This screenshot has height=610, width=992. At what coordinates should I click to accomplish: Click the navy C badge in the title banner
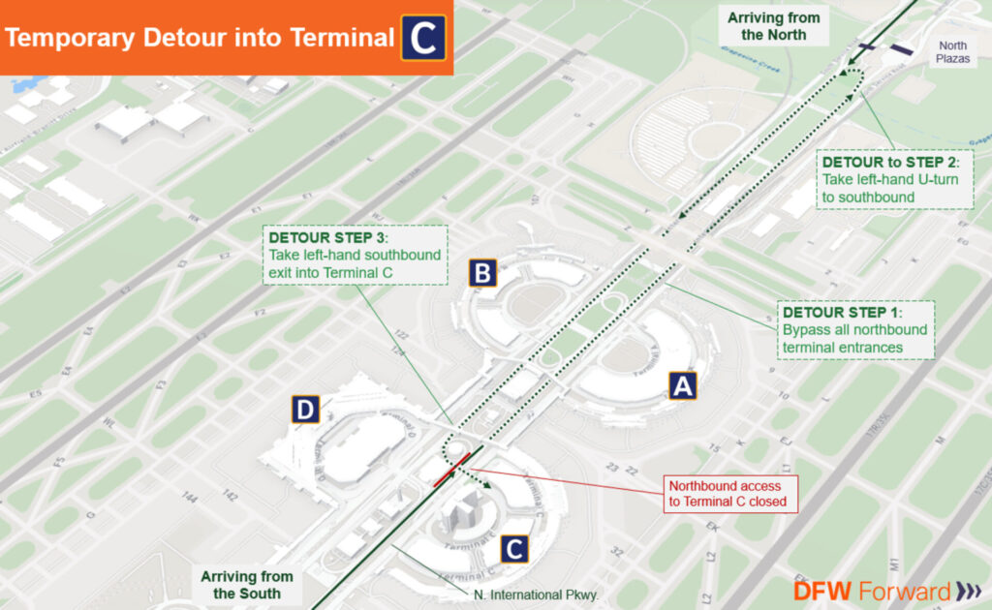[423, 38]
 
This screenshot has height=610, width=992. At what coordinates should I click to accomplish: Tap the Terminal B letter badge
[481, 273]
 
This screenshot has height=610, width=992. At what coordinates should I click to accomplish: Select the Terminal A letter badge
[683, 386]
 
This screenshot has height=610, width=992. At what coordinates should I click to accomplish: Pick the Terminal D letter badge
[306, 412]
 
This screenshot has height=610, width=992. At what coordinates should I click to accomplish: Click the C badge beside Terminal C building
[515, 550]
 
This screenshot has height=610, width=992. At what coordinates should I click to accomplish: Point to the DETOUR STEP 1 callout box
[856, 329]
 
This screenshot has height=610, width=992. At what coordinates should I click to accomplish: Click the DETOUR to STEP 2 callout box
[895, 178]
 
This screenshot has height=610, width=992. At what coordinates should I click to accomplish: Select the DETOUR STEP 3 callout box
[355, 255]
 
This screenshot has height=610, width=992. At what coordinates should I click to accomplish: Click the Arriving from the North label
[773, 26]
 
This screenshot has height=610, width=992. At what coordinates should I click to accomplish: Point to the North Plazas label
[951, 52]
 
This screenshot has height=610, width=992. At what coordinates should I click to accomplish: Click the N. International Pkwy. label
[531, 595]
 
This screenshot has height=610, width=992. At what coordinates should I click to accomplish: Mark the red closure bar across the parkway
[452, 468]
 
